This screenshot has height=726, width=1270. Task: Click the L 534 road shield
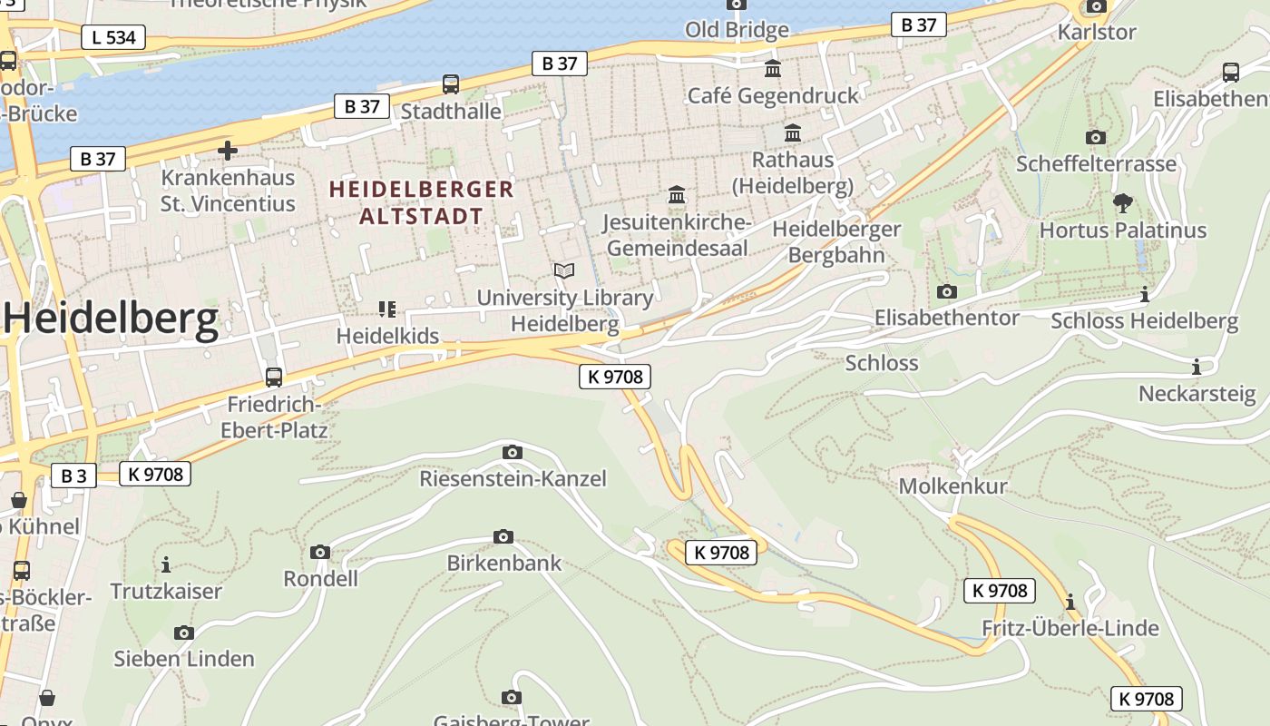coord(113,37)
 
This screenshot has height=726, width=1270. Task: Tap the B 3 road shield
coord(73,475)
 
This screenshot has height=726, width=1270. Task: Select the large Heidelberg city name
coord(112,319)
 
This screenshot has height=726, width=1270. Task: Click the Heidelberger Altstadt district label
coord(422,202)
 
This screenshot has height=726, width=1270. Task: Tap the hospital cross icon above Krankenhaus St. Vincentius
coord(227,150)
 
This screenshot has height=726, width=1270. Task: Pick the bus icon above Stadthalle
coord(451,84)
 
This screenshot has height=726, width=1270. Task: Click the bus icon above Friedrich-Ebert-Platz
coord(273,377)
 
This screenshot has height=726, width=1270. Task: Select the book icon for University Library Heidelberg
coord(564,270)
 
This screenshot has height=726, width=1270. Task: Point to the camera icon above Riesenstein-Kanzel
coord(512,451)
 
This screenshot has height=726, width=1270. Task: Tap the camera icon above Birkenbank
coord(503,536)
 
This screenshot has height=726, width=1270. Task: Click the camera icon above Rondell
coord(319,552)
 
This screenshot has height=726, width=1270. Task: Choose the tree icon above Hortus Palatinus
coord(1123,202)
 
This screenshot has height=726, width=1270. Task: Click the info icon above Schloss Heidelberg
coord(1144,294)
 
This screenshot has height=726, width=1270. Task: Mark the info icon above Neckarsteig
coord(1197,367)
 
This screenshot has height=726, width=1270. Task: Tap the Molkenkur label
coord(952,486)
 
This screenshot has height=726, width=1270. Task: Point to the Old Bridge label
coord(737,30)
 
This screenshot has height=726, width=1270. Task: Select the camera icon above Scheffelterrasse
coord(1096,137)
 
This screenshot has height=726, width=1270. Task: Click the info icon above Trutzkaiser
coord(166,564)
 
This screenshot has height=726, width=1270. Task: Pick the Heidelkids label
coord(387,335)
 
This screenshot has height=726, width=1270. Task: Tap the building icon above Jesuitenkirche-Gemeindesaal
coord(677,194)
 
